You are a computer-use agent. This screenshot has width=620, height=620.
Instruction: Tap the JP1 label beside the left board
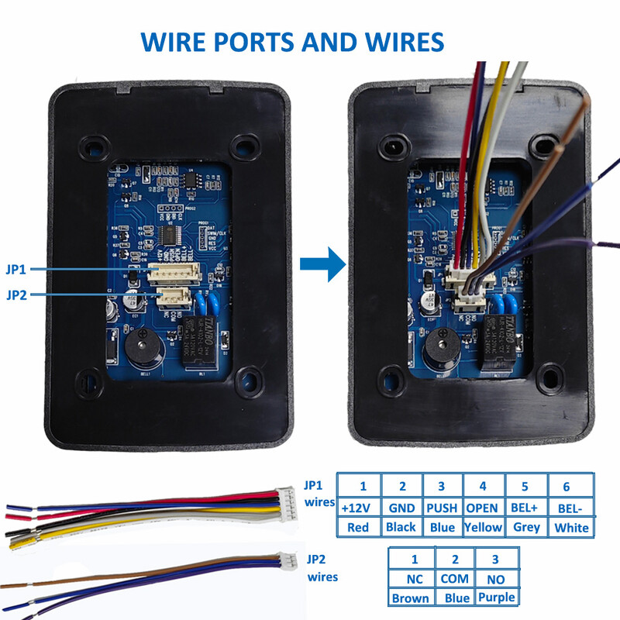(x=17, y=270)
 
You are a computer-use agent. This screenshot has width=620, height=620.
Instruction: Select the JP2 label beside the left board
(x=17, y=294)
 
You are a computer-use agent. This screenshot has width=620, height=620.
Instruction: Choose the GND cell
(x=402, y=508)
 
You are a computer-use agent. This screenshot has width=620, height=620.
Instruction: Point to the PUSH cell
(x=442, y=508)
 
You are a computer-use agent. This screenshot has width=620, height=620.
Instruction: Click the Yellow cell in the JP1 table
(x=483, y=528)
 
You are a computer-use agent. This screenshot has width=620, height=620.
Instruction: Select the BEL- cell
(x=572, y=508)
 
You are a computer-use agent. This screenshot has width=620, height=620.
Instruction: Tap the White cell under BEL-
(x=572, y=529)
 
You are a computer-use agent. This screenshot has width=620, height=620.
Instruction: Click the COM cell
(x=455, y=578)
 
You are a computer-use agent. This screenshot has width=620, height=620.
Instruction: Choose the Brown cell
(x=410, y=598)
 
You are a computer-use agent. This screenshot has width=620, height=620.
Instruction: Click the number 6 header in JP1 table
(x=566, y=487)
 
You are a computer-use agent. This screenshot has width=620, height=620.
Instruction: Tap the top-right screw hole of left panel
(x=246, y=145)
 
